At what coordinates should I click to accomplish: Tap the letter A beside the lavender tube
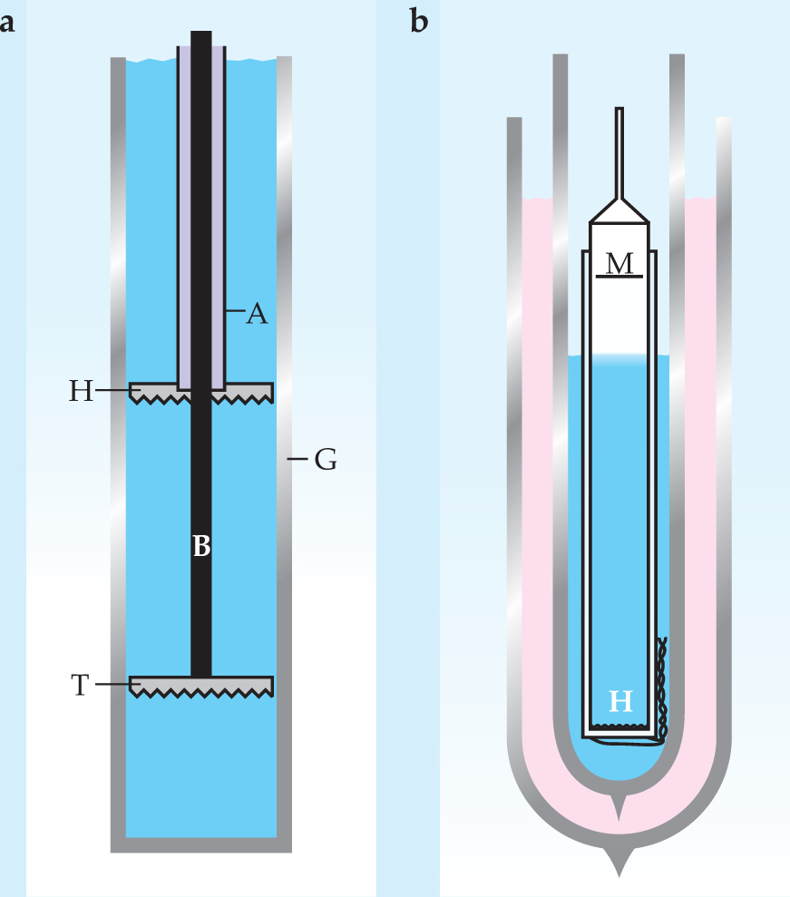point(258,314)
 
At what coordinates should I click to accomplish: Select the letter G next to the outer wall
point(326,461)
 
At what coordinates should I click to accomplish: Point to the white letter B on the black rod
point(201,546)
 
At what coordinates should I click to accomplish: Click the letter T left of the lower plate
point(80,685)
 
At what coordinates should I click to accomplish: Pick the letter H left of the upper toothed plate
point(82,391)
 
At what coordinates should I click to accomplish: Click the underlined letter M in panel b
point(619,263)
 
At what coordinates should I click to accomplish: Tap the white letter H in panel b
point(619,701)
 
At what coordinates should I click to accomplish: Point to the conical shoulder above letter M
point(619,210)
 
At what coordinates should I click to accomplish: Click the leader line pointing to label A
point(235,313)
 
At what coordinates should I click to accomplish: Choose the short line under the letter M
point(619,276)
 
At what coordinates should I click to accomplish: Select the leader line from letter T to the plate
point(112,684)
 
